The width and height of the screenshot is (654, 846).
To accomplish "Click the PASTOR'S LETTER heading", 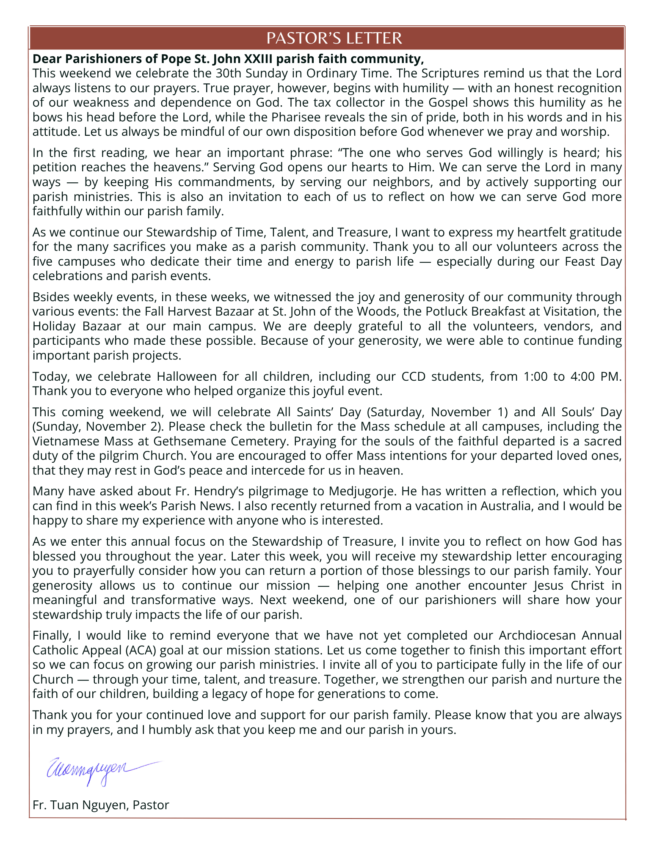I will click(x=334, y=38).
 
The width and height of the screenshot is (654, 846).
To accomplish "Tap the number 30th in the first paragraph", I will click(x=228, y=73).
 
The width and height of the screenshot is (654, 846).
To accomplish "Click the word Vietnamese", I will click(x=68, y=441).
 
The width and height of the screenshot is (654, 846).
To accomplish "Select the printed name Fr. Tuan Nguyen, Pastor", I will click(x=101, y=805).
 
